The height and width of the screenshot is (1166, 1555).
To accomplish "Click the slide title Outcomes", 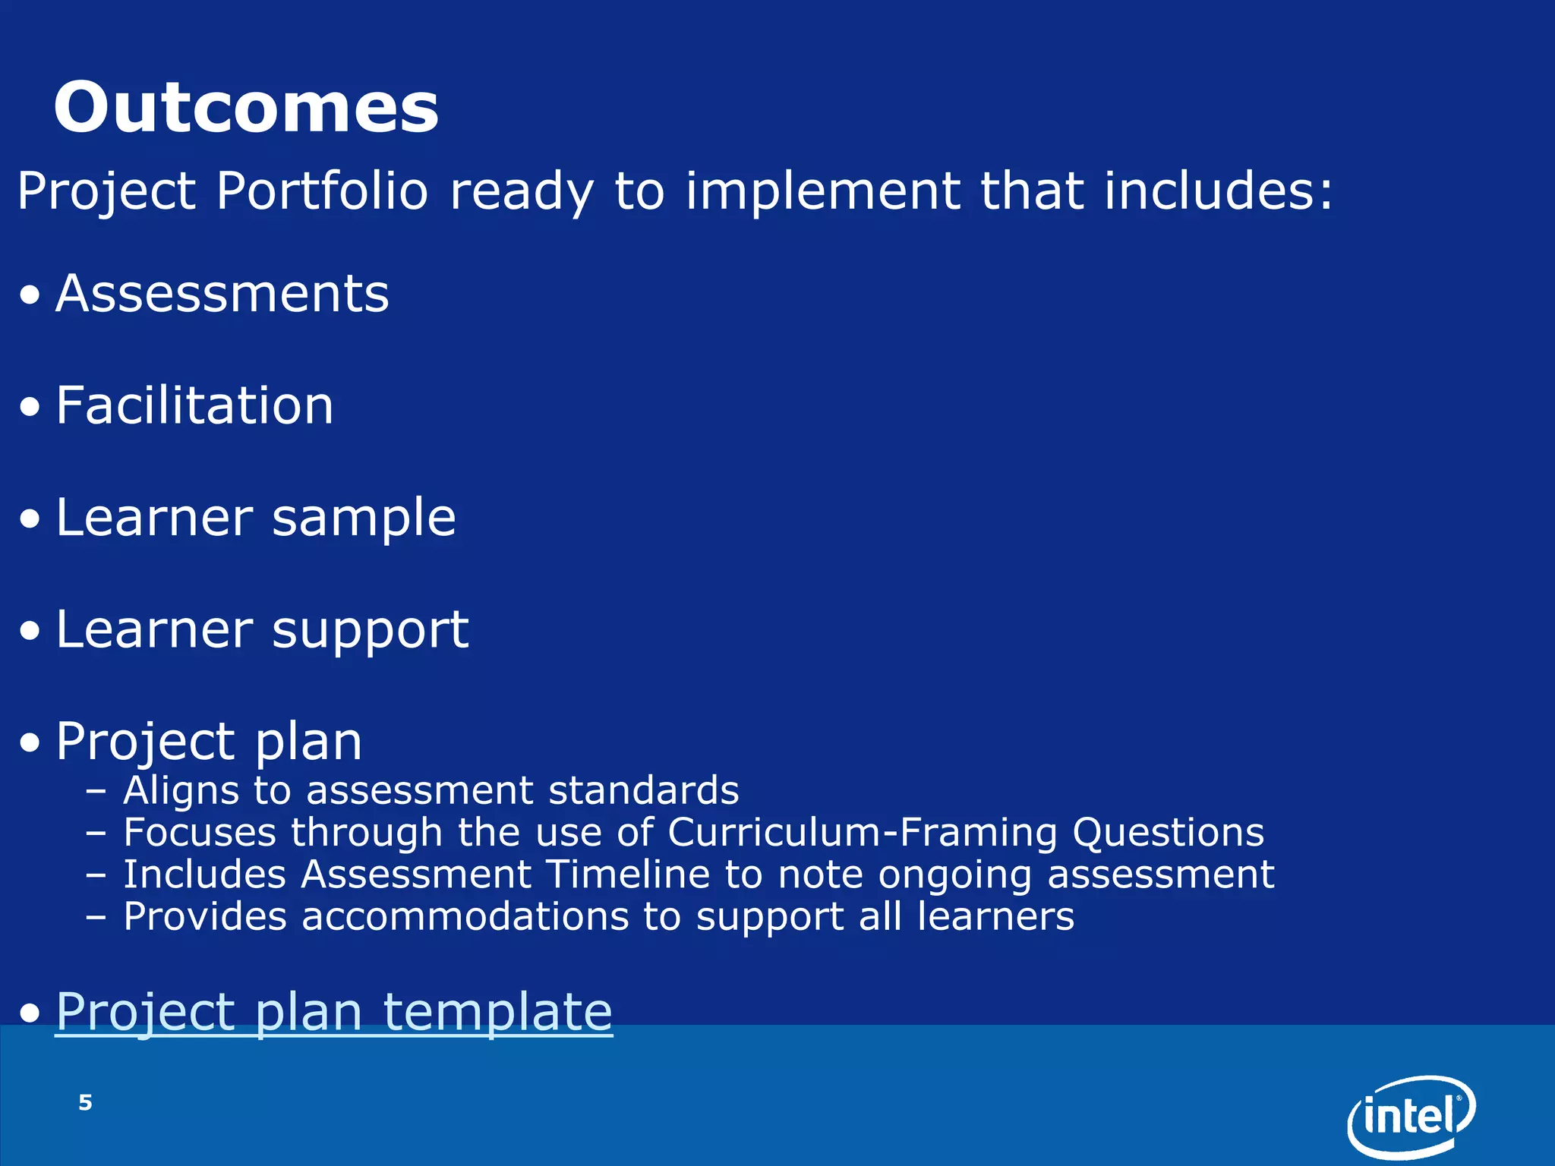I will click(x=245, y=108).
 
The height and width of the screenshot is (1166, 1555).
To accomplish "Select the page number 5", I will click(x=85, y=1102).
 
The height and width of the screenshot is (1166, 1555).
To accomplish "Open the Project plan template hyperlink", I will click(x=333, y=1012).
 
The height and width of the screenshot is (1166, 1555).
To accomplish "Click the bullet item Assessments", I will click(x=222, y=294).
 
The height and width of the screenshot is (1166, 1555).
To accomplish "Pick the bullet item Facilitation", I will click(x=194, y=405).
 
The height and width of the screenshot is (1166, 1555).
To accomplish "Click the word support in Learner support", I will click(x=370, y=631).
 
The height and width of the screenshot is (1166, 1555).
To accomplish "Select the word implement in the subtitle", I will click(x=822, y=191).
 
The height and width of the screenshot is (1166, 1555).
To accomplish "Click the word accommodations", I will click(x=465, y=916).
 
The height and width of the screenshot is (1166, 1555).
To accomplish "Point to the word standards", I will click(x=643, y=790).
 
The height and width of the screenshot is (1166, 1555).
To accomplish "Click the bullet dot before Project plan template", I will click(x=30, y=1013).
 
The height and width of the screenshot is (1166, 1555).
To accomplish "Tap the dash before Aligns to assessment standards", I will click(x=96, y=792).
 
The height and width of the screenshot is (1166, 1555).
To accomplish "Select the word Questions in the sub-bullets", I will click(x=1168, y=833).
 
